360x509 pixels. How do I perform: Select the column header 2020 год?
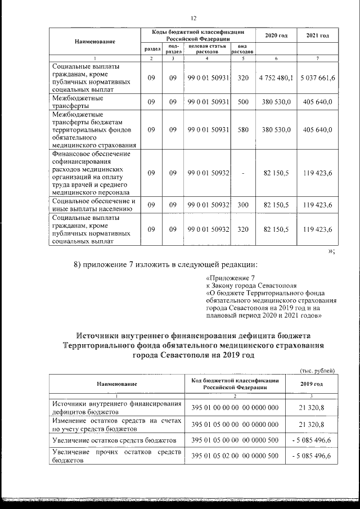[x=276, y=36]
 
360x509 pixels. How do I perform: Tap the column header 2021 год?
[x=318, y=36]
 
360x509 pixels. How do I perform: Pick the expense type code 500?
[x=243, y=102]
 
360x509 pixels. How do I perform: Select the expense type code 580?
[x=243, y=129]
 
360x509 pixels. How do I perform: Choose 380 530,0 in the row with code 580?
[x=276, y=129]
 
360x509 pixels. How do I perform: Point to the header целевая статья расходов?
[x=207, y=49]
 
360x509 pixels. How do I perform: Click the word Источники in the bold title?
[x=105, y=336]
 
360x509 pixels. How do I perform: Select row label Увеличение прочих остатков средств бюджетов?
[x=115, y=456]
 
